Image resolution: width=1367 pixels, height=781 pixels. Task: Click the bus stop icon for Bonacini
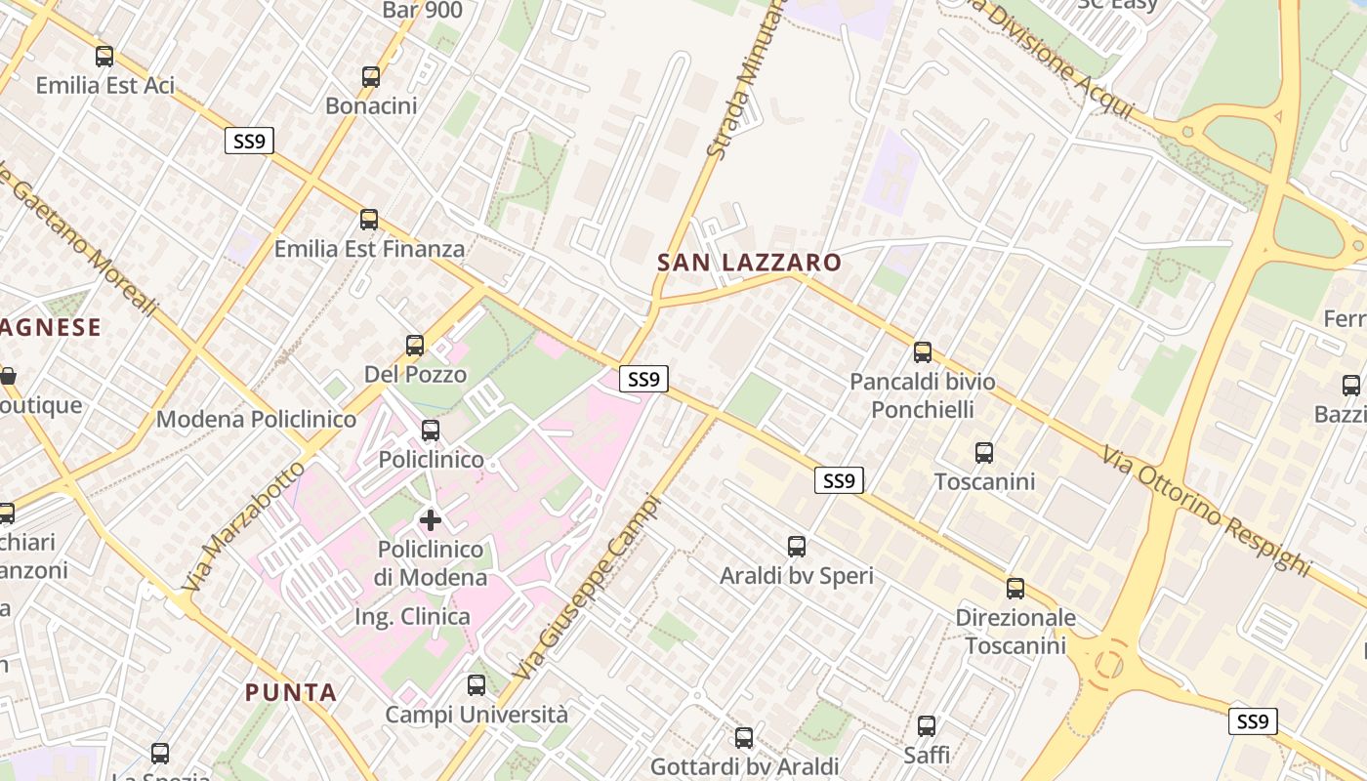(x=371, y=77)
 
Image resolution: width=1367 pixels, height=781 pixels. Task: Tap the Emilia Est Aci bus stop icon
(x=104, y=57)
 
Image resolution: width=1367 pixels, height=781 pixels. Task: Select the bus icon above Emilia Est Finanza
(x=369, y=220)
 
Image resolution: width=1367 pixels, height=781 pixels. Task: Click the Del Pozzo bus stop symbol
(x=415, y=345)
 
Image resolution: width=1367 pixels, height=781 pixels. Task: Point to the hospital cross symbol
(x=431, y=519)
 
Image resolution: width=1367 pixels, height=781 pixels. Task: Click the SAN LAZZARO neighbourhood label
(x=749, y=263)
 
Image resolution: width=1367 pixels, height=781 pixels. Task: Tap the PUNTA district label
(x=291, y=692)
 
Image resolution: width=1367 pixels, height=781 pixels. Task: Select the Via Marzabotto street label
(x=243, y=527)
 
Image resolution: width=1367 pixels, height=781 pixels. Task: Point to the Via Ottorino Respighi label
(x=1207, y=509)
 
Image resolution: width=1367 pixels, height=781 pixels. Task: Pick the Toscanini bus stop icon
(x=984, y=453)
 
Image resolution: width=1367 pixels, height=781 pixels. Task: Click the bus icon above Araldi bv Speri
(x=797, y=547)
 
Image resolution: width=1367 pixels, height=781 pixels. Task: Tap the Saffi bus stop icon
(x=927, y=726)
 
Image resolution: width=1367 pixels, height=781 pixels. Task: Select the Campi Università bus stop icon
(x=476, y=685)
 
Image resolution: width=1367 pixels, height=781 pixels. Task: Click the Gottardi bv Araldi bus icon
(x=744, y=738)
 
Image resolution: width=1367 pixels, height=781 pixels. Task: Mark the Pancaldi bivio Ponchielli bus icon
(x=923, y=352)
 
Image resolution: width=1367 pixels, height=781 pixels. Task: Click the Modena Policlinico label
(x=257, y=419)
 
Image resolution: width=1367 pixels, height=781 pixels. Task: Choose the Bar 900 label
(x=423, y=11)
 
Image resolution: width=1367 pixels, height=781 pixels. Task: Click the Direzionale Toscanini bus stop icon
(x=1015, y=589)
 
